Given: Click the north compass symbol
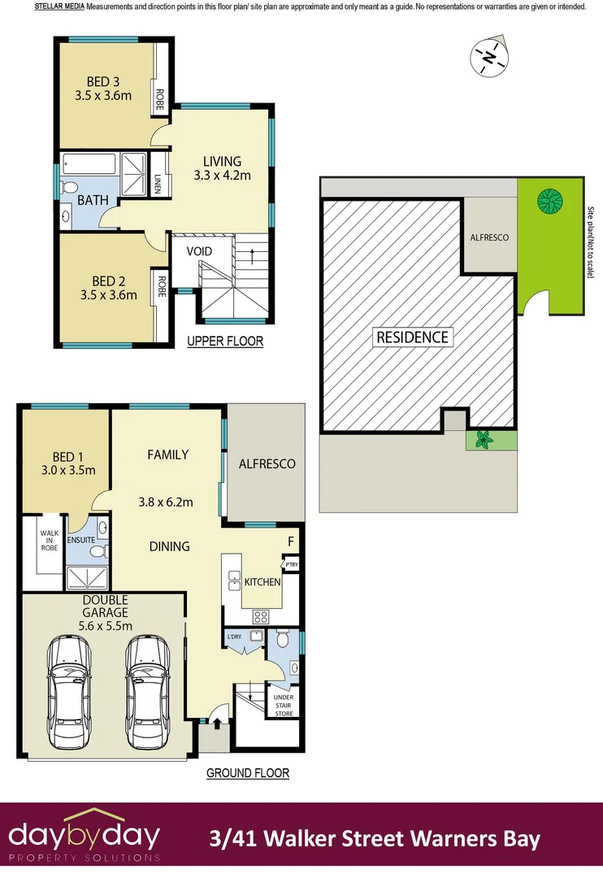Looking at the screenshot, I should coord(489,57).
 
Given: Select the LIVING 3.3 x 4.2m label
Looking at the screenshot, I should coord(222,168).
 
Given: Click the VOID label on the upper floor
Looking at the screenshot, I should coord(199,252).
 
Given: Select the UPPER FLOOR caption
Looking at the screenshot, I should coord(225,341).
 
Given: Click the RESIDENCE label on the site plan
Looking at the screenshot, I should coord(412,337).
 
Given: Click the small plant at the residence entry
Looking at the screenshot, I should coord(484,441).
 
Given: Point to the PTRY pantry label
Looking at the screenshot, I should coord(290,563).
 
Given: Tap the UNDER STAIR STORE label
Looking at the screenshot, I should coord(284,704).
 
